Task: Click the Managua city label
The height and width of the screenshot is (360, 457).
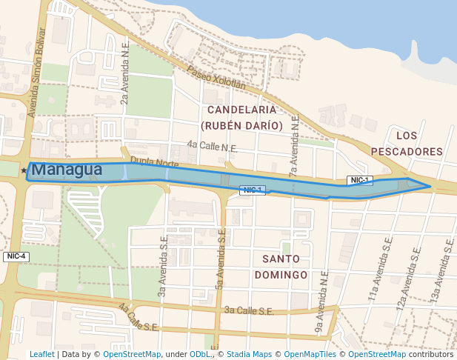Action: pos(67,170)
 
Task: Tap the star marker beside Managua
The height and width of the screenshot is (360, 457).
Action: pos(24,170)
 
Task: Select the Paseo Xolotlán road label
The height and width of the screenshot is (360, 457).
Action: pos(216,78)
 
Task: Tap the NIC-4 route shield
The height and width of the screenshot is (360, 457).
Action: pos(16,256)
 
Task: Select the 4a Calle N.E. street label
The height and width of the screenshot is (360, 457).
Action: pos(213,147)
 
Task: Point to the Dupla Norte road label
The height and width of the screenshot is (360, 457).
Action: pos(155,161)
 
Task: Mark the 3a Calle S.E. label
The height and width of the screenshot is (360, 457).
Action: pos(249,311)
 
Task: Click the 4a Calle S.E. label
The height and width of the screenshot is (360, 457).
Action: pos(139,316)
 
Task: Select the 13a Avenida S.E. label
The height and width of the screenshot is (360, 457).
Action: pos(442,271)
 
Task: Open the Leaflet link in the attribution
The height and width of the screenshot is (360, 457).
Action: pos(41,354)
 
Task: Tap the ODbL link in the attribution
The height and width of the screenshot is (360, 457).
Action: pos(201,354)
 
